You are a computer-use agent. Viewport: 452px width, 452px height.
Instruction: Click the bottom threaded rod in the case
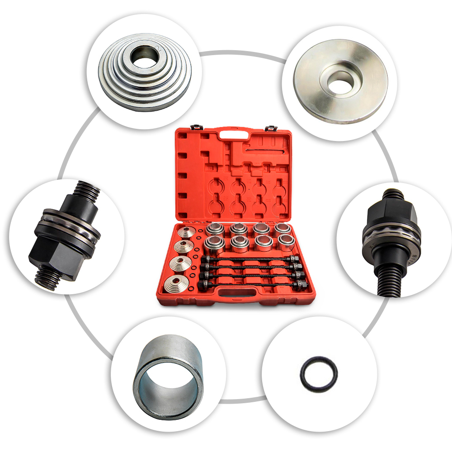[255, 285]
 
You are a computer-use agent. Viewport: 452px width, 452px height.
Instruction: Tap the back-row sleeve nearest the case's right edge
[282, 228]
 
